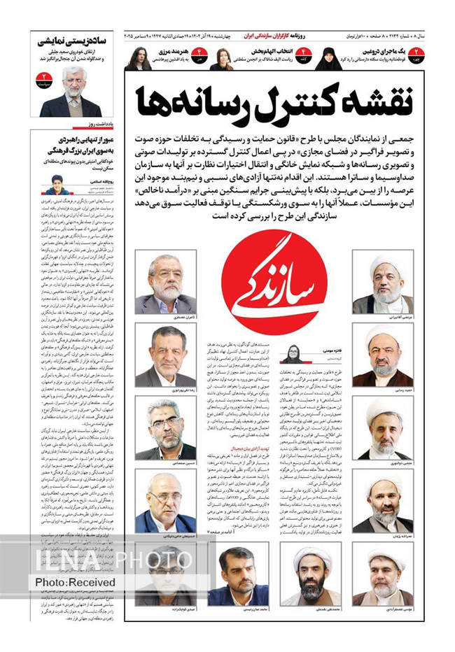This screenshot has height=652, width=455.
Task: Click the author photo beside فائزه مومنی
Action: coord(290,355)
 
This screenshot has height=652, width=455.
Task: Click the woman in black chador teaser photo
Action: coord(328,59)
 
